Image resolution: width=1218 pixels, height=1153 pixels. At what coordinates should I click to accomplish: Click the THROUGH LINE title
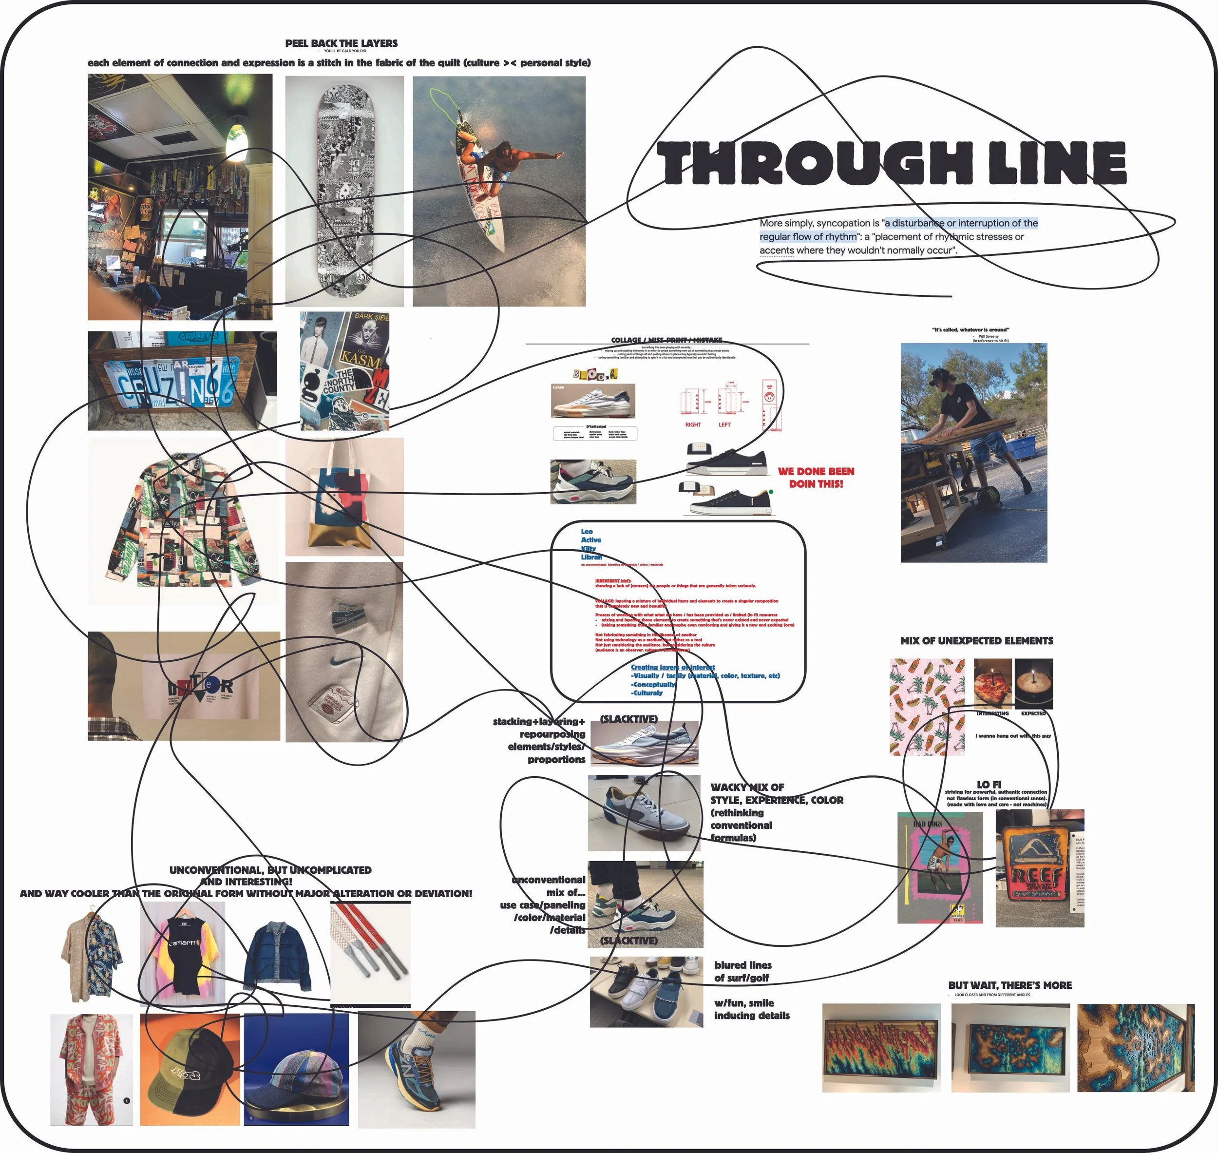click(891, 163)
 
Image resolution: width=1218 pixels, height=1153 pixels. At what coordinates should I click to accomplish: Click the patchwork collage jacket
click(183, 522)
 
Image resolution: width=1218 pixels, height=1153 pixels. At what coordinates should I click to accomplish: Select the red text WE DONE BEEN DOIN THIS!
click(816, 478)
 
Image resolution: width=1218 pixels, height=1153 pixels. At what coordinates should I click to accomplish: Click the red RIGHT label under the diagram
click(693, 424)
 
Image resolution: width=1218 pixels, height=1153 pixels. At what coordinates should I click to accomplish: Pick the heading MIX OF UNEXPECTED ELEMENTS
click(976, 640)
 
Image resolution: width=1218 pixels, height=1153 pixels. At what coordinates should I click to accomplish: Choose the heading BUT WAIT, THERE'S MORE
click(1009, 985)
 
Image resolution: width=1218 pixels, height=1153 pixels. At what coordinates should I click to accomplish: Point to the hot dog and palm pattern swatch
click(927, 707)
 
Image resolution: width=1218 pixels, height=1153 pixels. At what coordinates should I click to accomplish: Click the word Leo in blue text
click(587, 532)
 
